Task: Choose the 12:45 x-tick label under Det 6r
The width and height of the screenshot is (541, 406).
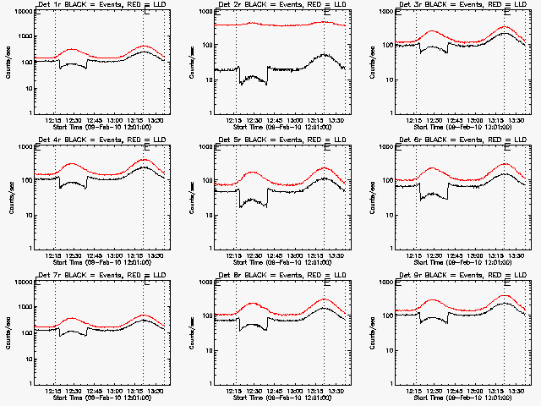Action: [457, 255]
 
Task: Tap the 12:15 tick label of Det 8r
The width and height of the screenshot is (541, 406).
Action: [236, 391]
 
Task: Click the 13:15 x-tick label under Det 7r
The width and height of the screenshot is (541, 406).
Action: [143, 391]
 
